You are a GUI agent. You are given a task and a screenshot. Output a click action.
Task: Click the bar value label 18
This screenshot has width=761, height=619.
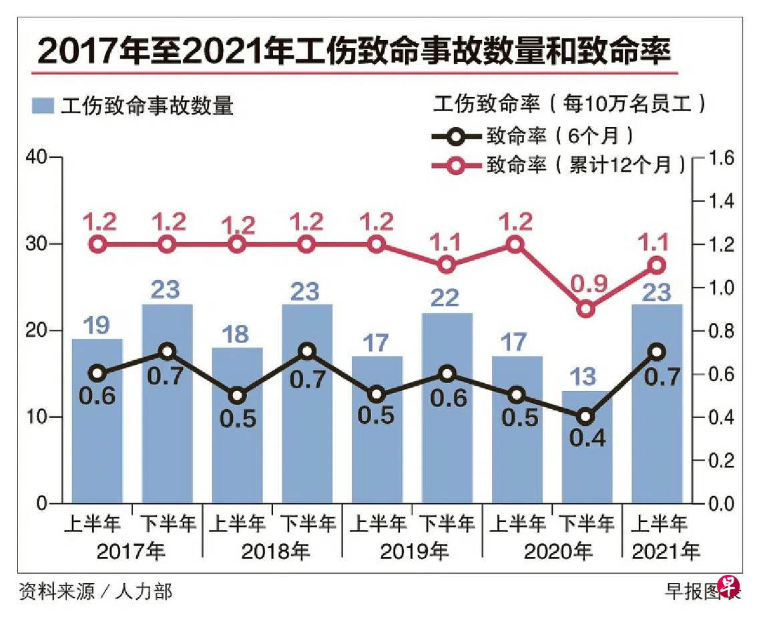[237, 334]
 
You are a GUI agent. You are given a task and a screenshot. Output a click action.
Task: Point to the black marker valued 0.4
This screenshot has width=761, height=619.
[585, 416]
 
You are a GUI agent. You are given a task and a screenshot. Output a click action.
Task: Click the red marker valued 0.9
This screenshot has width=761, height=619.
[585, 309]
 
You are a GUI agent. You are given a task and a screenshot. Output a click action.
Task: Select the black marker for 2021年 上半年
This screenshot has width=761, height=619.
[656, 352]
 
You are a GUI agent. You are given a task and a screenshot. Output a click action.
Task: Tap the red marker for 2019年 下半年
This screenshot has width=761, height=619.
[447, 265]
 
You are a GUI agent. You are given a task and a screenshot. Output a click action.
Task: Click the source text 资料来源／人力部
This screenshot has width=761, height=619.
[96, 591]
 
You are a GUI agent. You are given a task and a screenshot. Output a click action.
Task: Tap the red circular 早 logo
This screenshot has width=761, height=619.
[728, 587]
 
